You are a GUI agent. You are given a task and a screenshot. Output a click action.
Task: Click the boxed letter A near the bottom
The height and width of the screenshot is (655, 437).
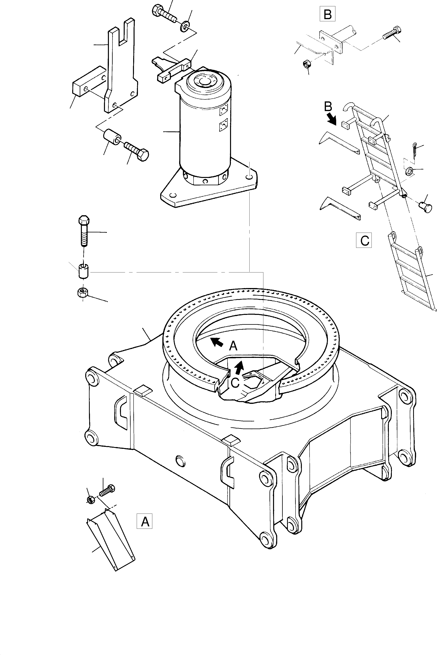point(145,521)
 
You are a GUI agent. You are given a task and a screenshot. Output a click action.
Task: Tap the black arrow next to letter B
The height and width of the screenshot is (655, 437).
point(331,118)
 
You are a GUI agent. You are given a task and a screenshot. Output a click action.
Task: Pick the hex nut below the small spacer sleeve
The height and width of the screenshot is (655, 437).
point(83,292)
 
